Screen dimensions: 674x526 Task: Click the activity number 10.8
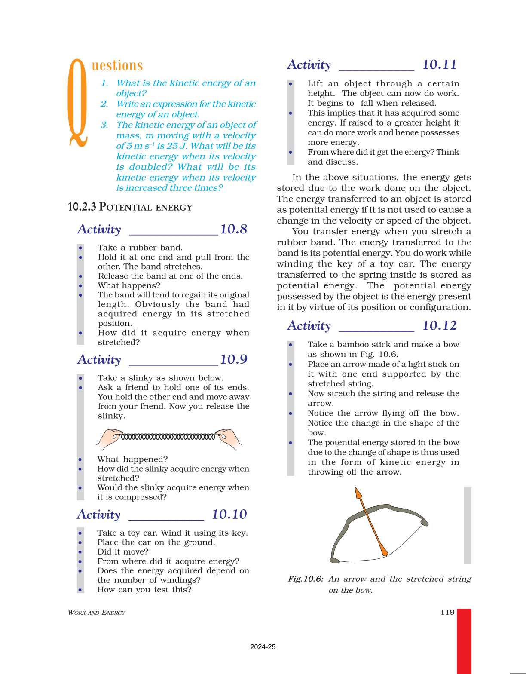point(233,229)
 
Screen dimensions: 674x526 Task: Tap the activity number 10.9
point(233,359)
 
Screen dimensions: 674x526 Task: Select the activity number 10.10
point(229,515)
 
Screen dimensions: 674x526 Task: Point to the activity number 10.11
point(439,64)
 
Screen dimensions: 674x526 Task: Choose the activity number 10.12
point(439,326)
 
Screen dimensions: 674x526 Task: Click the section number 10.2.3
point(82,207)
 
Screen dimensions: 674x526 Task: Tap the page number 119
point(447,612)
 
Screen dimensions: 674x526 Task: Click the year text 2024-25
point(263,647)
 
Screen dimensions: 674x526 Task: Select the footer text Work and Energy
point(96,613)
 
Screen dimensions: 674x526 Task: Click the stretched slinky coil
point(168,437)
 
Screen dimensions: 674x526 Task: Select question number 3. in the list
point(104,125)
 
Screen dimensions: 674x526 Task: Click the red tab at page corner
point(464,640)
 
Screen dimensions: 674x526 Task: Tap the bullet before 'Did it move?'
point(80,552)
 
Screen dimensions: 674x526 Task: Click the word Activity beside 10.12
point(309,326)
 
